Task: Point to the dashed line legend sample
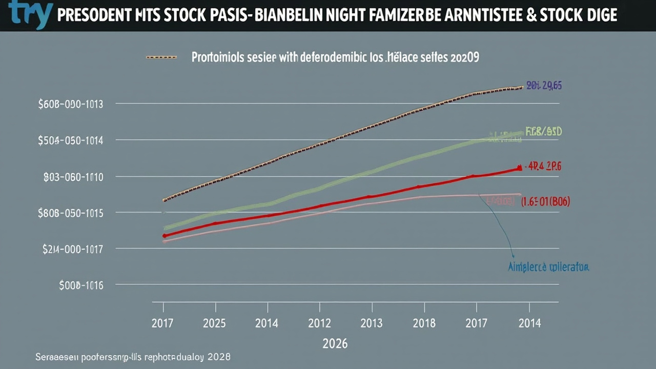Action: pos(161,57)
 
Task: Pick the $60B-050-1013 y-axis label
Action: pos(71,104)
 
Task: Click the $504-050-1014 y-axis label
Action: pos(71,140)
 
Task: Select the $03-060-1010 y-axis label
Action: pos(73,177)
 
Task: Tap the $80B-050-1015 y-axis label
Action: pos(71,213)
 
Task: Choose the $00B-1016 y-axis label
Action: pos(81,285)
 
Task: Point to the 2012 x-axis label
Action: pos(319,323)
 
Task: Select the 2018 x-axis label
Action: pos(424,323)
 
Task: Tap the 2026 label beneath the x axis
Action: pos(335,343)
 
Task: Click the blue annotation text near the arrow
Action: pos(548,267)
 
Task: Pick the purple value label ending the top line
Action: pos(544,86)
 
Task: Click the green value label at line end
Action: pos(544,132)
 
